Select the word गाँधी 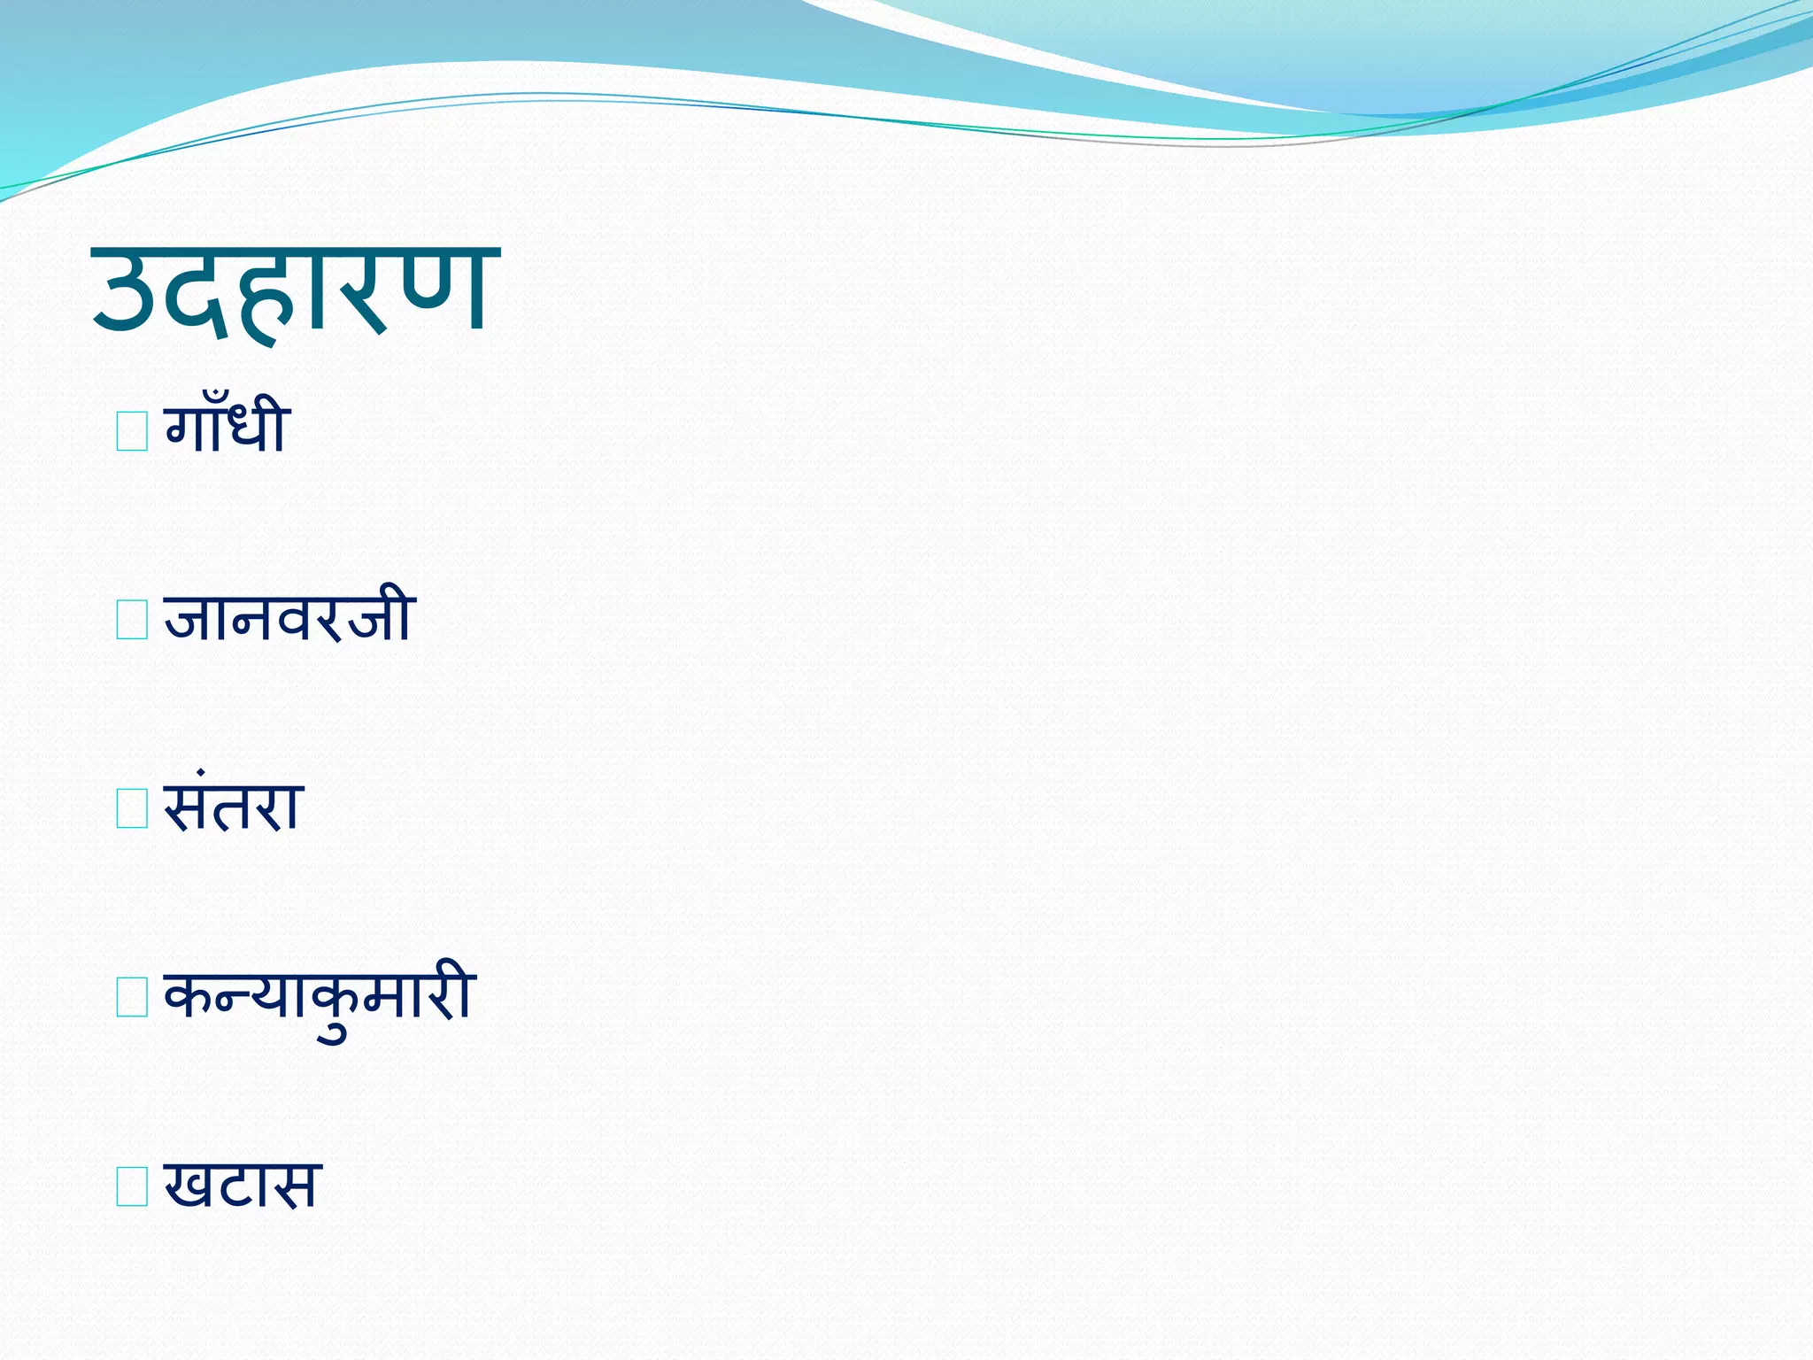pos(227,429)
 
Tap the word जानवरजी pos(289,616)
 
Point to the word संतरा pos(234,807)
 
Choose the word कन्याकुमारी pos(320,997)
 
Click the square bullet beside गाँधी pos(132,431)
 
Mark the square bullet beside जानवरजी pos(132,620)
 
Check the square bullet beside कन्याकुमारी pos(132,998)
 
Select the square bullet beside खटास pos(132,1187)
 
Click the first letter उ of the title pos(131,292)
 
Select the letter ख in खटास pos(189,1186)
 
